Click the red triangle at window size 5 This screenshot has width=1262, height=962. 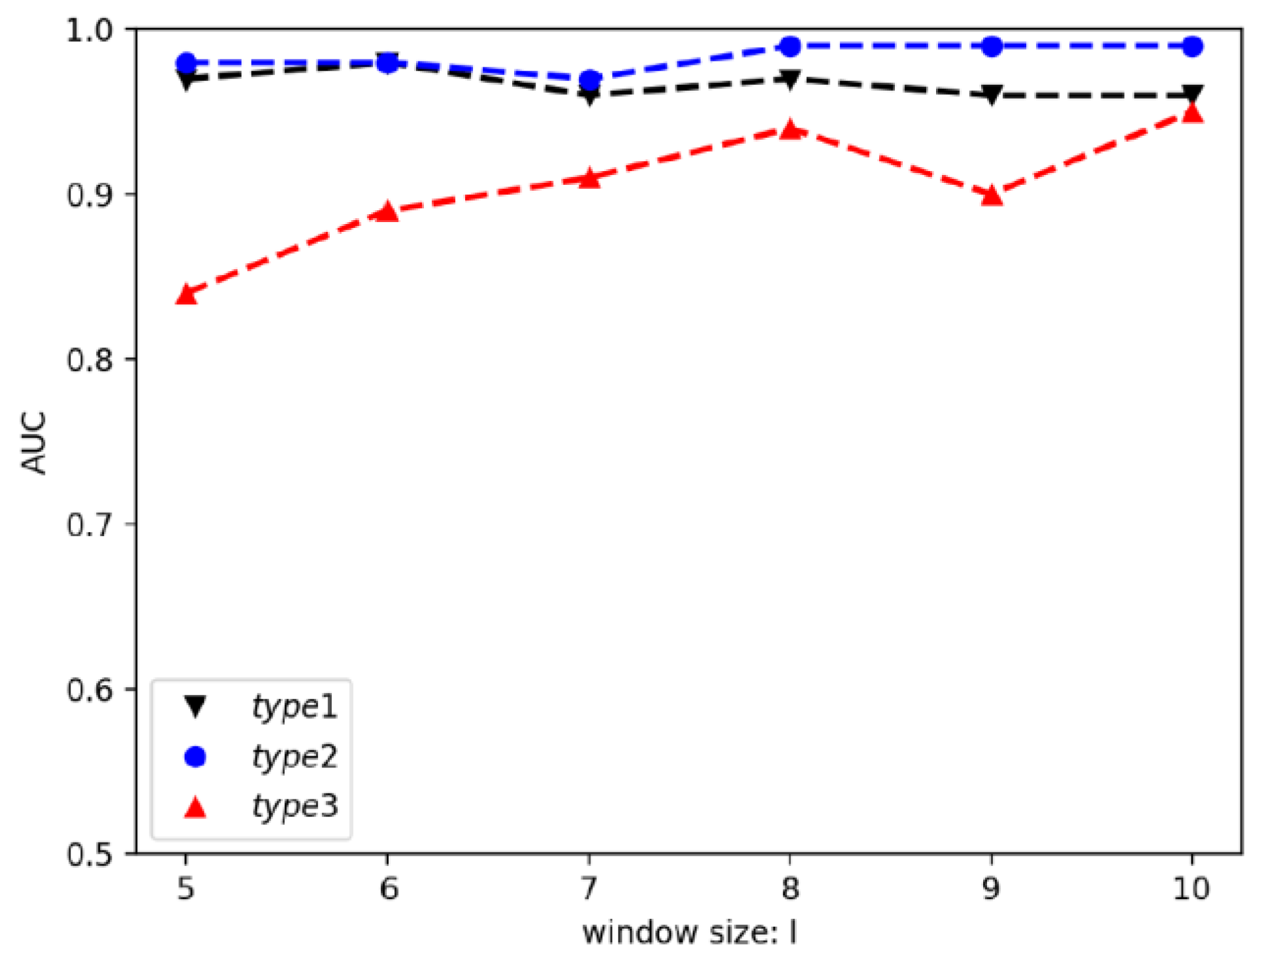pos(186,295)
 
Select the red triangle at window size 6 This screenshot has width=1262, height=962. pos(388,212)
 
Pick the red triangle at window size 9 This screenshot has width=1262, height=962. pos(992,195)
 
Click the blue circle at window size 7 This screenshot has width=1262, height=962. pos(590,80)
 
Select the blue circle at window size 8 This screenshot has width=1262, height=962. pos(790,46)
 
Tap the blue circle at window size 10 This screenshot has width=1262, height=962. pos(1193,46)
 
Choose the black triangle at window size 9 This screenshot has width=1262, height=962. pos(992,95)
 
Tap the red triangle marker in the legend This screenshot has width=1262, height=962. pos(195,809)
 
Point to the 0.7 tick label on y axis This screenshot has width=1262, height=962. pos(89,524)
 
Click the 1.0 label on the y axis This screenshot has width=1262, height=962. pos(89,30)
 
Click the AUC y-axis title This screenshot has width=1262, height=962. pos(34,442)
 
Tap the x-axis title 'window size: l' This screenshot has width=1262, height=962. pos(689,933)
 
